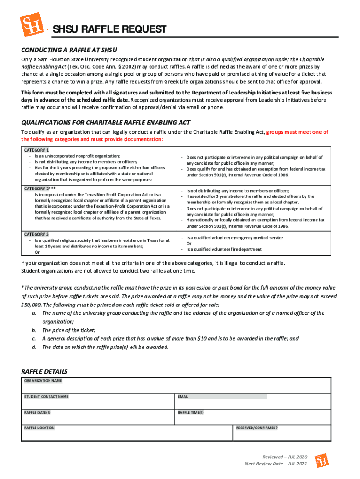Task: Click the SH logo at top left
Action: coord(31,24)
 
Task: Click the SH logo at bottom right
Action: coord(321,460)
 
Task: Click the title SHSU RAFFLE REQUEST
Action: coord(108,30)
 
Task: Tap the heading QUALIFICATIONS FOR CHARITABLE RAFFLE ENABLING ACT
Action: coord(106,123)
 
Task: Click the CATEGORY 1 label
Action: coord(36,150)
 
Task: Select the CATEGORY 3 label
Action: coord(36,234)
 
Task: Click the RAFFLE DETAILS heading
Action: coord(44,371)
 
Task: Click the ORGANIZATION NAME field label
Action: coord(43,381)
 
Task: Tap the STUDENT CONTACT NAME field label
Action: coord(46,397)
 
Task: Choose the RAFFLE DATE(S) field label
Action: coord(37,413)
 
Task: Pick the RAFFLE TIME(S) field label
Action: coord(191,413)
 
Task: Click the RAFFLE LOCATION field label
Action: coord(39,428)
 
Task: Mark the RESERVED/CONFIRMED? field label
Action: coord(257,428)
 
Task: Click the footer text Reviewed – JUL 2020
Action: coord(285,457)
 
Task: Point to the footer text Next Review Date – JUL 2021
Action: coord(276,464)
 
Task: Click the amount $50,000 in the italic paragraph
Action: coord(31,305)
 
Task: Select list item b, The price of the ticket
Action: coord(68,330)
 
